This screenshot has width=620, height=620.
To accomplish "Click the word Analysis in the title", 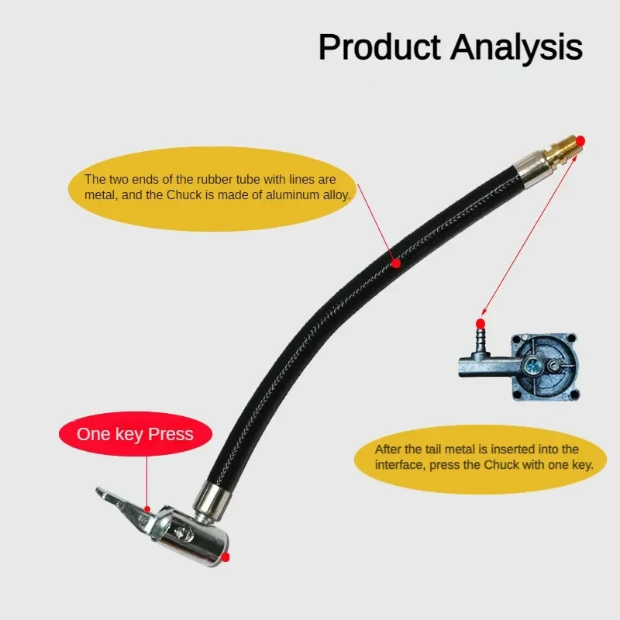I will (516, 48).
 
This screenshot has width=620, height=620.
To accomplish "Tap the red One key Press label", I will (135, 433).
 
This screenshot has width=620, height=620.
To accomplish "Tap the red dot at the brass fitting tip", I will (580, 140).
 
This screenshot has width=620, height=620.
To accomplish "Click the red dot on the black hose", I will (396, 263).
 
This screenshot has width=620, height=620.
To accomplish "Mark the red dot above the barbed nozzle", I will (480, 322).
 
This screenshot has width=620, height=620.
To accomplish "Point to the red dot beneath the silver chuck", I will (226, 556).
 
